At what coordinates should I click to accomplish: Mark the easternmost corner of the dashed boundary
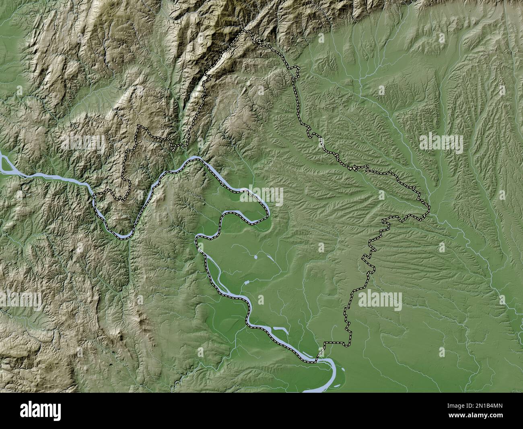coord(429,207)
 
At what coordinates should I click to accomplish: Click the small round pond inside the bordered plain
coord(256,256)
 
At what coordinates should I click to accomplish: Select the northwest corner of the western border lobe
coord(139,126)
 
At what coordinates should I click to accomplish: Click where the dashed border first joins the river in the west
coord(95,195)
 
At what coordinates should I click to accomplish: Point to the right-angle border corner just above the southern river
coord(325,343)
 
